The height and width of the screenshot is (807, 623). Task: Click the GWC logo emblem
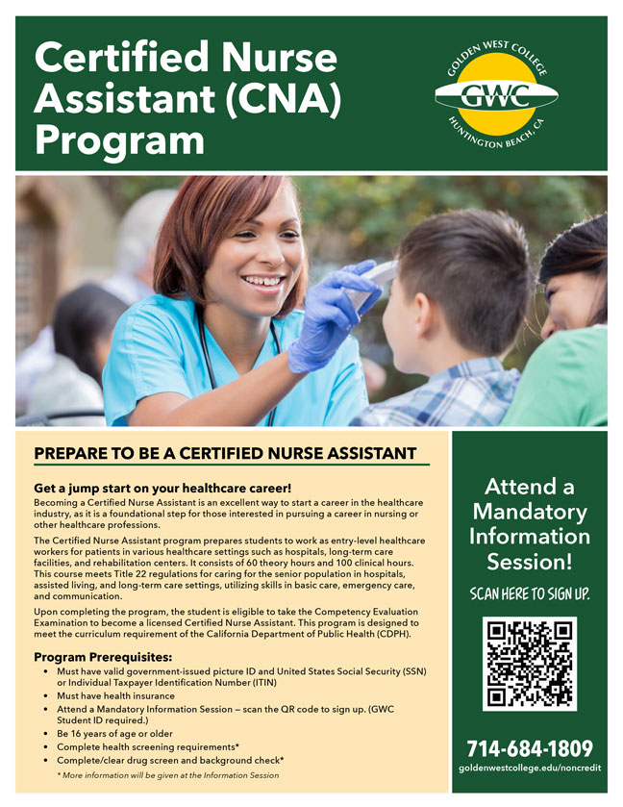(x=496, y=93)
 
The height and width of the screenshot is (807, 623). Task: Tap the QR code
(x=530, y=663)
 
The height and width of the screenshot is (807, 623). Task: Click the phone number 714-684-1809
(x=530, y=748)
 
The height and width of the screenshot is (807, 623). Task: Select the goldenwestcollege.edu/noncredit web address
(x=530, y=770)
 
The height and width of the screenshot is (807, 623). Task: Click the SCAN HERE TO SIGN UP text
(x=530, y=593)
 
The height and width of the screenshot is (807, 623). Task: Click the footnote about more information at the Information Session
(x=168, y=774)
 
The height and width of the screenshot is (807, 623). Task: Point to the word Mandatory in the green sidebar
(x=530, y=511)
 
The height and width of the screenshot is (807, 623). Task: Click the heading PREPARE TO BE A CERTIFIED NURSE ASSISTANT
(x=225, y=453)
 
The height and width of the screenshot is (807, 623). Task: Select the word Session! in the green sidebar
(x=530, y=561)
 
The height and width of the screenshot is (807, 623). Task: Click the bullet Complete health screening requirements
(x=148, y=746)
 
